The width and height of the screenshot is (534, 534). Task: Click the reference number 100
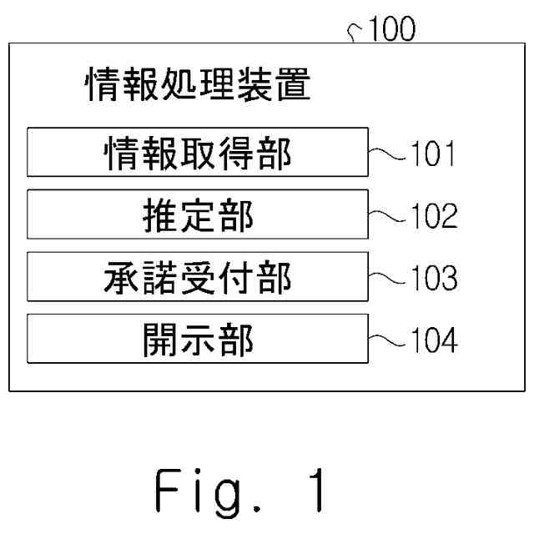click(x=392, y=28)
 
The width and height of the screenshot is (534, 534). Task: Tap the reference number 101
click(x=433, y=154)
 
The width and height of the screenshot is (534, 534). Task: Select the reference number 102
click(x=435, y=215)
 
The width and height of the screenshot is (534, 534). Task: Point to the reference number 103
click(x=435, y=278)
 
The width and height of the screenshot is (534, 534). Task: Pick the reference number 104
click(x=435, y=340)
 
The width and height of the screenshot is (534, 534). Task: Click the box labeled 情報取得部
click(x=198, y=152)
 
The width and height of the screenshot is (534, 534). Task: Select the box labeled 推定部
click(x=198, y=214)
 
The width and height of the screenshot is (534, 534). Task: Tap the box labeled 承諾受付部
click(x=198, y=276)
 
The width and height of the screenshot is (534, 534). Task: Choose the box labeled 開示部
click(x=198, y=339)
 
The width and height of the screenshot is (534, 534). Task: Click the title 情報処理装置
click(x=198, y=84)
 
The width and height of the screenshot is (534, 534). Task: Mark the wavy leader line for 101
click(x=387, y=154)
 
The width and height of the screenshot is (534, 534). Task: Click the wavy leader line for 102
click(x=387, y=215)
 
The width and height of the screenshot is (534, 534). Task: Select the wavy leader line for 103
click(x=387, y=278)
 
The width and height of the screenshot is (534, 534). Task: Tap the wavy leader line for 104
click(x=387, y=340)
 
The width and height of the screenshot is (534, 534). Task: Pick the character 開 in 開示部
click(x=160, y=340)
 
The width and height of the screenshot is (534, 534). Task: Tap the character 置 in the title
click(x=294, y=84)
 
